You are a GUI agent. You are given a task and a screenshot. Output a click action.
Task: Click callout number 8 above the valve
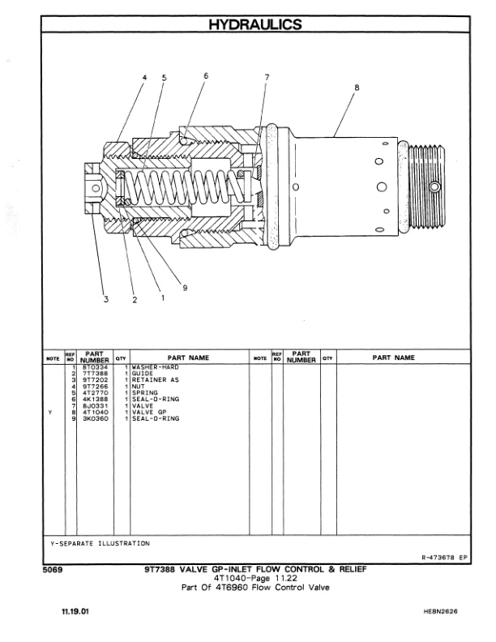(x=357, y=87)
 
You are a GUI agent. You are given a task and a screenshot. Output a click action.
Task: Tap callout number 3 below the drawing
(x=105, y=300)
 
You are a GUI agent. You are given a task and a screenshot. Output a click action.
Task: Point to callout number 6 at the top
(x=206, y=75)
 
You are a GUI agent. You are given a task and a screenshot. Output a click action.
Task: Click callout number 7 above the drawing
(x=267, y=78)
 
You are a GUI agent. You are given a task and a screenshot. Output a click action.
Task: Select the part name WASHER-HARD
(x=154, y=367)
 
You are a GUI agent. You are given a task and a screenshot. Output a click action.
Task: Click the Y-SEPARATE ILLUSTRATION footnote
(x=96, y=542)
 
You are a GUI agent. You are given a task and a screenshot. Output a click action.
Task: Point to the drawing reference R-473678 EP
(x=445, y=558)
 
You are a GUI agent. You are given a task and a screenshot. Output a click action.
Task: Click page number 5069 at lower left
(x=53, y=570)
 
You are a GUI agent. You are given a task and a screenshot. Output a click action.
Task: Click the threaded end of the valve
(x=426, y=186)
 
